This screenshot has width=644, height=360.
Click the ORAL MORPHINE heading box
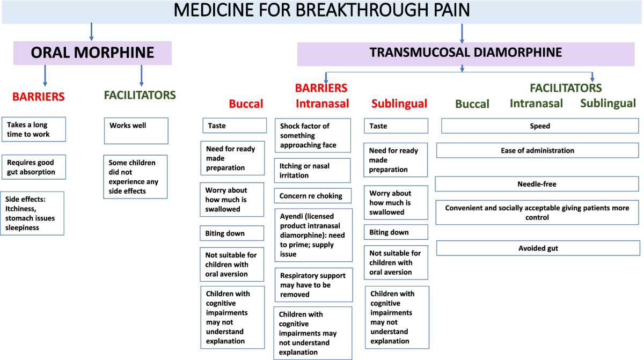[92, 53]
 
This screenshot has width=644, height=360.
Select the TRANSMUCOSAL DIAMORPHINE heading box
[465, 53]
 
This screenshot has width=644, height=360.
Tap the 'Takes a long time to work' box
[34, 129]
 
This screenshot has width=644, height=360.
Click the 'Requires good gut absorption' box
[34, 167]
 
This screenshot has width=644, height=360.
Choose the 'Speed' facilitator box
[540, 126]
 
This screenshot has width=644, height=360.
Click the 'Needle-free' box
[537, 184]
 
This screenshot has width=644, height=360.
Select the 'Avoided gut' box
[538, 248]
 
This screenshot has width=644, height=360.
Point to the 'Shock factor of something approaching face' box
[313, 135]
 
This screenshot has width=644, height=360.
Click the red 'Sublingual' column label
[399, 104]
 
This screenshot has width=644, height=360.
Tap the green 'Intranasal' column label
[536, 103]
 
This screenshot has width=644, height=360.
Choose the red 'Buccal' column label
[246, 104]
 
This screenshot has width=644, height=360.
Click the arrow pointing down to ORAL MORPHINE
[91, 33]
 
